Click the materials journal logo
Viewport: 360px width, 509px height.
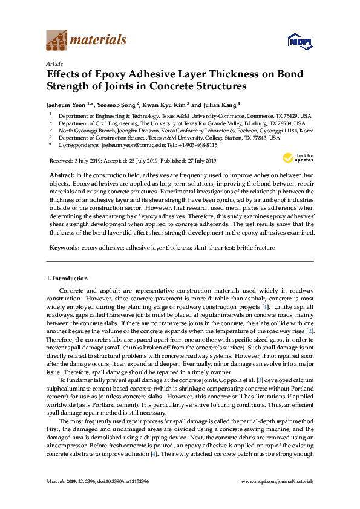[x=87, y=41]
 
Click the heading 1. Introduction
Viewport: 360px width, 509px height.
[x=67, y=279]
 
